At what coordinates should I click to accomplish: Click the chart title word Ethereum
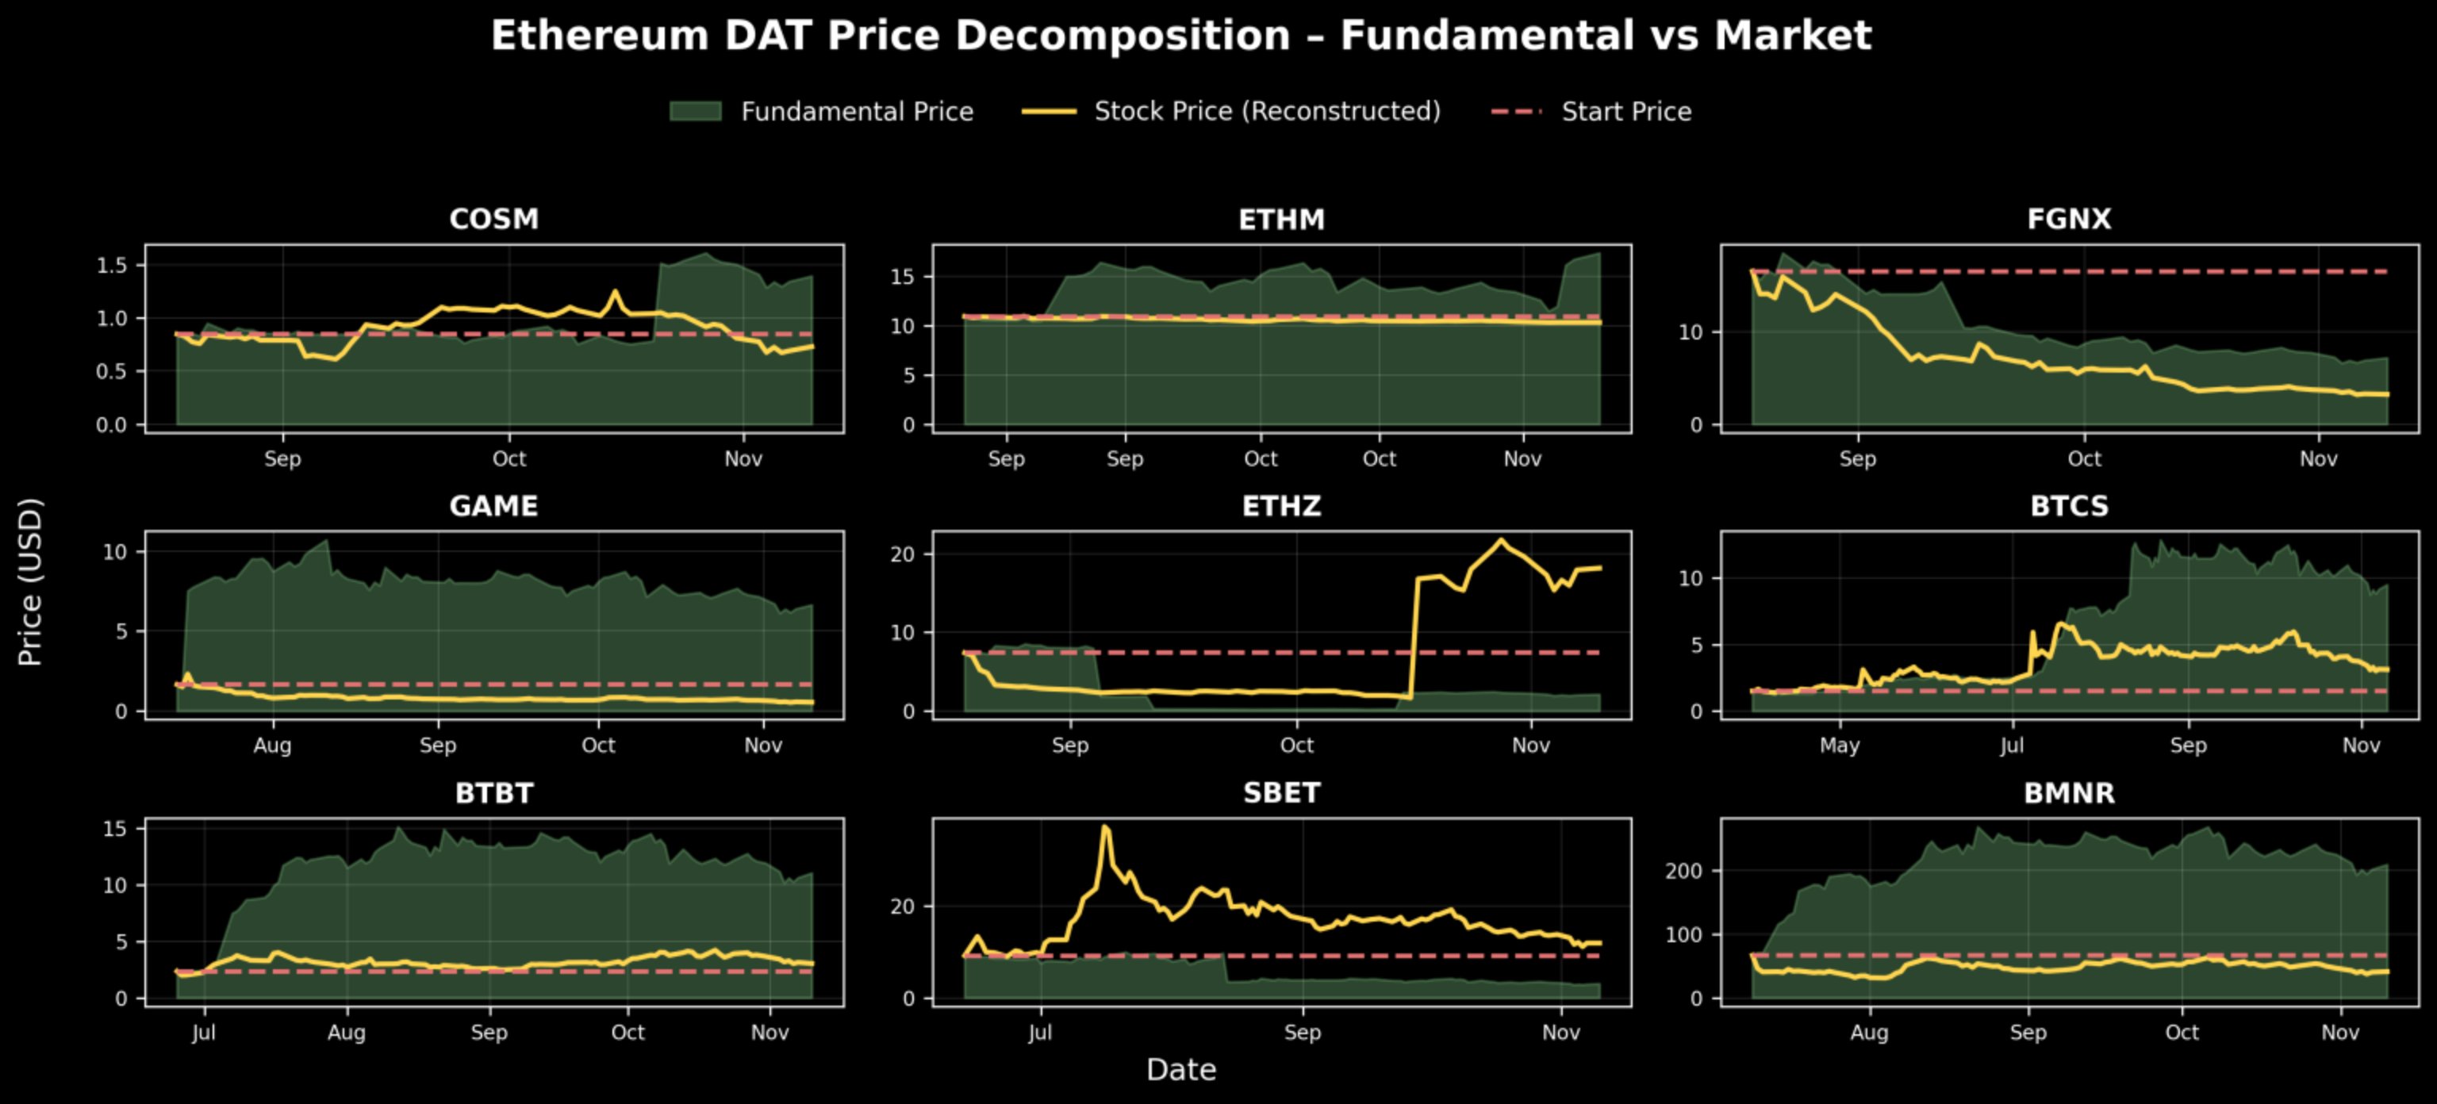(x=600, y=36)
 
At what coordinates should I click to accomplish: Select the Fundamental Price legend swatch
(x=696, y=112)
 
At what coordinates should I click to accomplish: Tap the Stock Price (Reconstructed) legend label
(x=1267, y=112)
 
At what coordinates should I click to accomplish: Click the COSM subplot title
(x=494, y=219)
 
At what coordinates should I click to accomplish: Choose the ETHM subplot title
(x=1281, y=220)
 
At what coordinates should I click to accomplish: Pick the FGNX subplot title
(x=2069, y=219)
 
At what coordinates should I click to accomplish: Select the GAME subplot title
(x=494, y=506)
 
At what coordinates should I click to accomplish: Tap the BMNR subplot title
(x=2069, y=793)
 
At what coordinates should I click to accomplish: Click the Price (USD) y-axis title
(x=30, y=582)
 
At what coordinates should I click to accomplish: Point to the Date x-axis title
(x=1180, y=1070)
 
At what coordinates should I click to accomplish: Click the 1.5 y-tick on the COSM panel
(x=112, y=266)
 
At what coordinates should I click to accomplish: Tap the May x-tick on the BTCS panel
(x=1839, y=746)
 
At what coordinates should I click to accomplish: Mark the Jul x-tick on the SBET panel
(x=1040, y=1032)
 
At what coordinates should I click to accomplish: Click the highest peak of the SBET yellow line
(x=1105, y=827)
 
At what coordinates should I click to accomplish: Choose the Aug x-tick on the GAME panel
(x=272, y=746)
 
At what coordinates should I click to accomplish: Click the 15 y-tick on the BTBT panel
(x=114, y=829)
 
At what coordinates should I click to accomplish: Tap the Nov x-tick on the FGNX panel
(x=2318, y=459)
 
